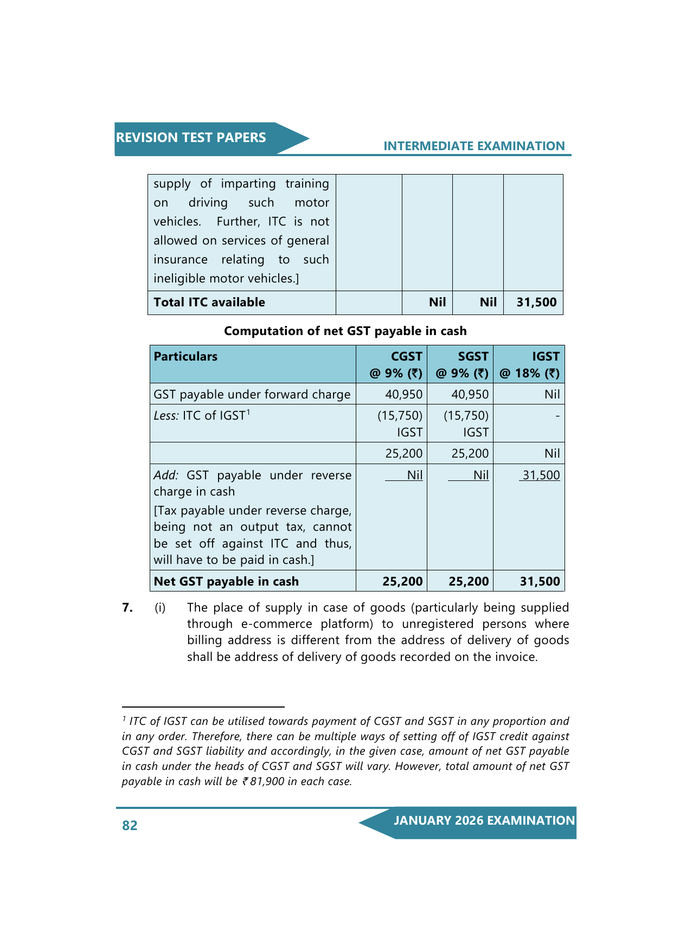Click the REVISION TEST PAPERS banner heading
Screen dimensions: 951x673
tap(191, 138)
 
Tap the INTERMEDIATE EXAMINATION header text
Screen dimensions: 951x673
tap(474, 146)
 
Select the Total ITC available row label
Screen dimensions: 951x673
tap(209, 303)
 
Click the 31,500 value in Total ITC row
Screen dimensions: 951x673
tap(536, 303)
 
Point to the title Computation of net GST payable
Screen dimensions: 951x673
tap(345, 331)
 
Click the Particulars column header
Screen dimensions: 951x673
tap(185, 357)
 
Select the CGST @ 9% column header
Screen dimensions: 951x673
tap(396, 365)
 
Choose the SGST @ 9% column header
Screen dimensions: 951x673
tap(462, 365)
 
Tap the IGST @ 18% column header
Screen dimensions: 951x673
tap(529, 365)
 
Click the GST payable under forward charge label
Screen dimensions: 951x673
tap(252, 395)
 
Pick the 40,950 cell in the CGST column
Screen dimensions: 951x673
tap(403, 395)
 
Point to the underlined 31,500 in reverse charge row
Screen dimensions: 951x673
tap(541, 475)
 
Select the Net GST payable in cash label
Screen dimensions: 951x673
tap(226, 582)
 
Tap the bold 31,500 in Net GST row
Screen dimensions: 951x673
tap(540, 582)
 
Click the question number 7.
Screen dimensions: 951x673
tap(127, 608)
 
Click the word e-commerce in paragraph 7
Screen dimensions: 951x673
tap(277, 624)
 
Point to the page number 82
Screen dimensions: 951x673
tap(130, 826)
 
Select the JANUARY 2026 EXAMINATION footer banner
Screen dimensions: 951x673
tap(484, 821)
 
